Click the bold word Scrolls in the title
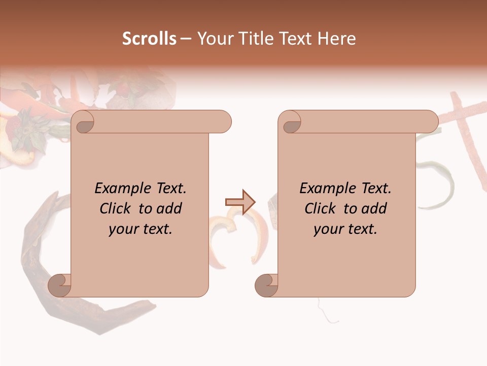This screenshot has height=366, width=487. click(149, 39)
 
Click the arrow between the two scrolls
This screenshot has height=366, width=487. click(240, 202)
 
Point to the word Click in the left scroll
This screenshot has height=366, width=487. click(116, 208)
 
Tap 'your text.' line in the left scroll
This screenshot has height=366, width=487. click(141, 229)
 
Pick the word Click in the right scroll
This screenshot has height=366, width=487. click(321, 208)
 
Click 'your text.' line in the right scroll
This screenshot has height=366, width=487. click(345, 229)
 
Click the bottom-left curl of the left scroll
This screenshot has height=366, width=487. click(60, 285)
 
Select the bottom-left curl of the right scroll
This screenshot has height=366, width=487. click(267, 285)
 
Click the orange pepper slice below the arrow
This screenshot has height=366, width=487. click(221, 239)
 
